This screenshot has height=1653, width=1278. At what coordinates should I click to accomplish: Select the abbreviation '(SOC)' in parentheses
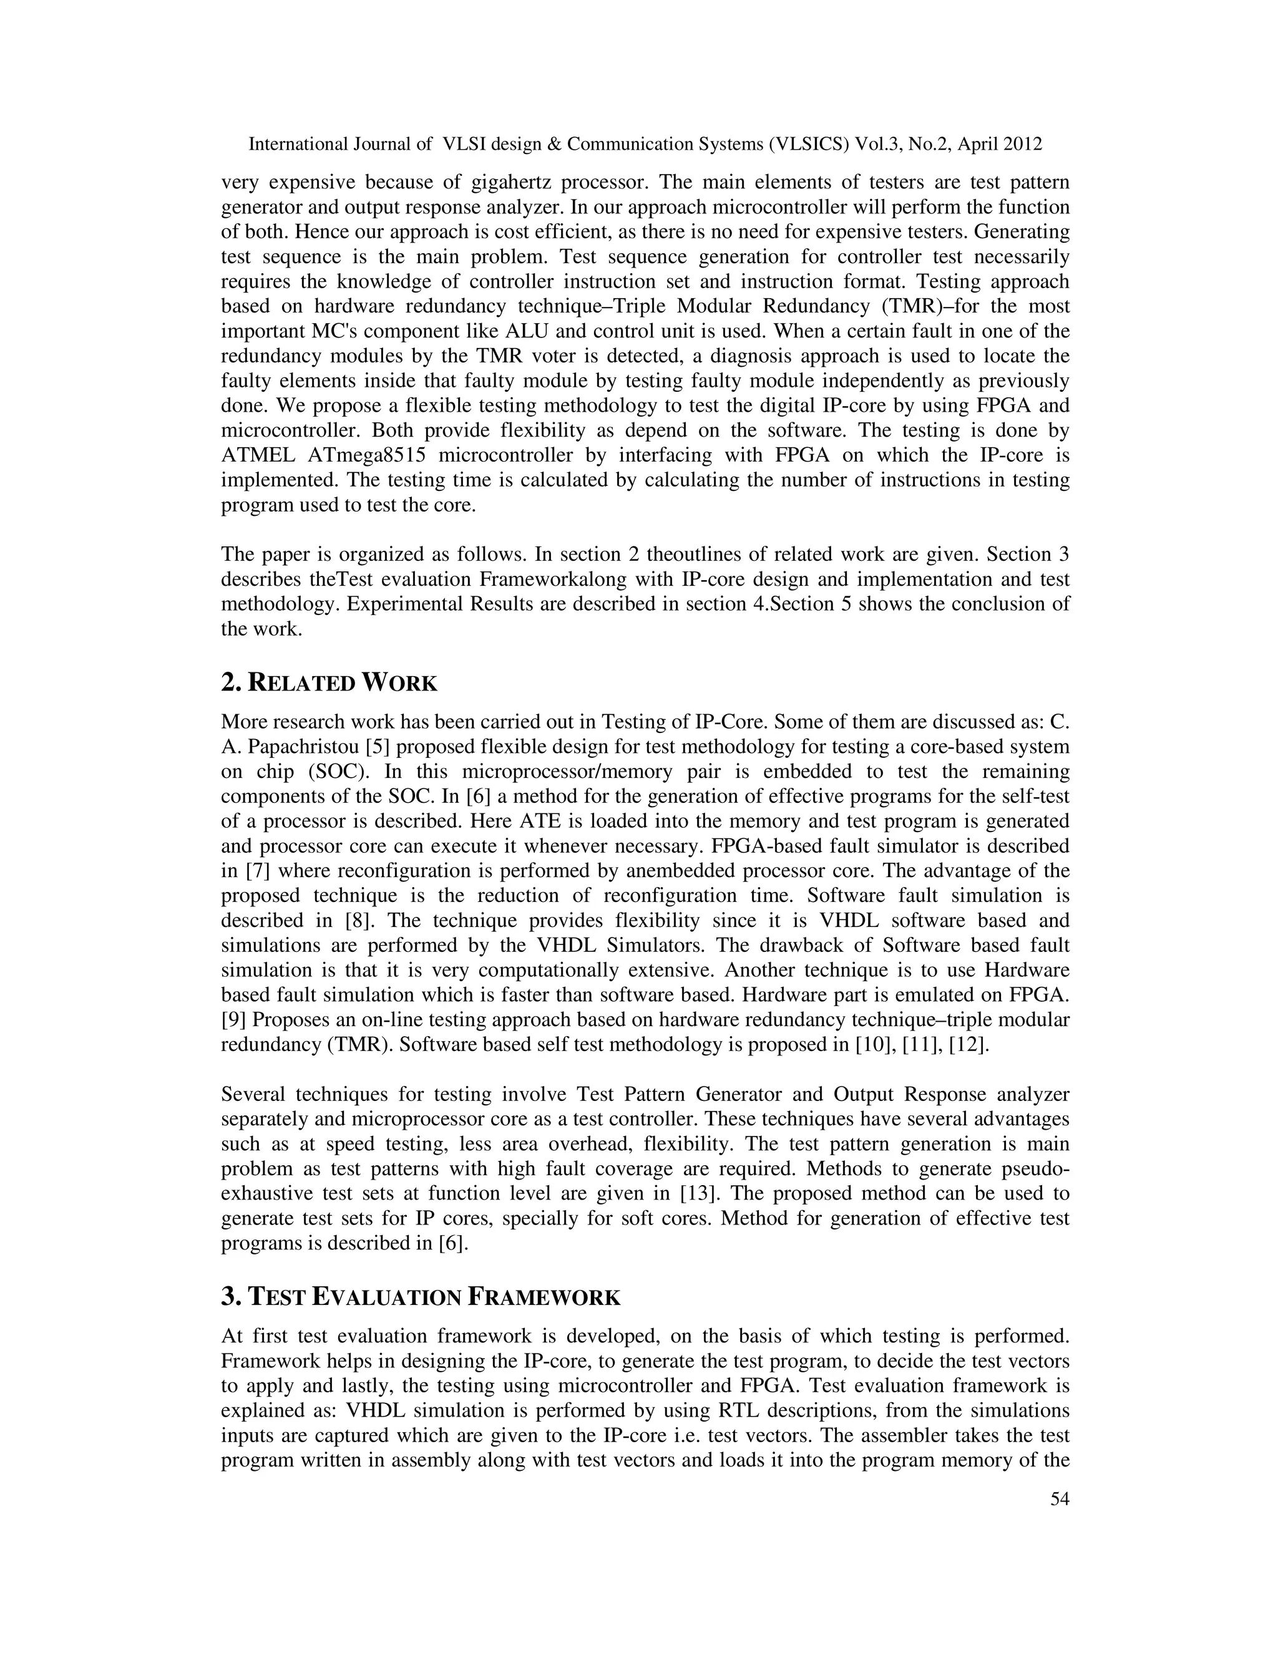pos(338,772)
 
